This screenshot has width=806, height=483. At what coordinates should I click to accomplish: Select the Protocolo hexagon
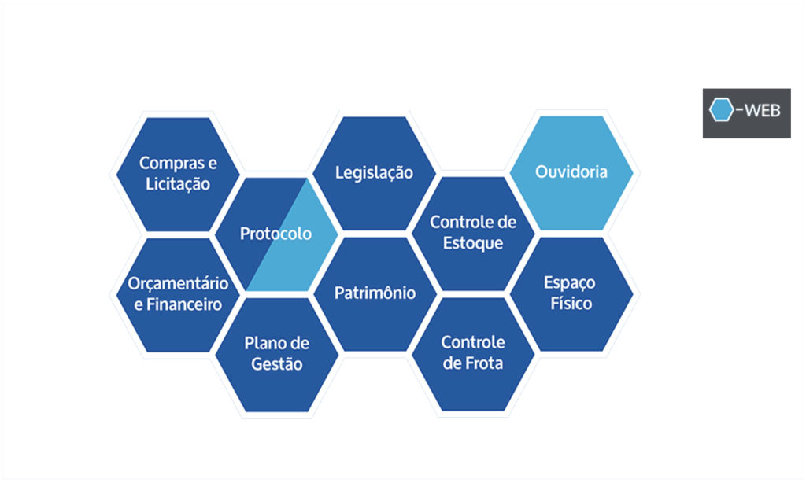pos(275,234)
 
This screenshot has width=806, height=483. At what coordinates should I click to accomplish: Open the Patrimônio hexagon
pos(375,293)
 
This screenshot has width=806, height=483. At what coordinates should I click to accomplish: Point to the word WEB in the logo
pos(760,111)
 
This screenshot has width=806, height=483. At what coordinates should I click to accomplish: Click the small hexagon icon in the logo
pos(721,111)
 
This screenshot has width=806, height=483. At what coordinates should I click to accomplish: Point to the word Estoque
pos(473,242)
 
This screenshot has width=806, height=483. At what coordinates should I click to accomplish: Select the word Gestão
pos(276,364)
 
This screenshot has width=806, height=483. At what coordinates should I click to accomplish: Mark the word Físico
pos(571,303)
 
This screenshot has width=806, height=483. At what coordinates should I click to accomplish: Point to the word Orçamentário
pos(178,283)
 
